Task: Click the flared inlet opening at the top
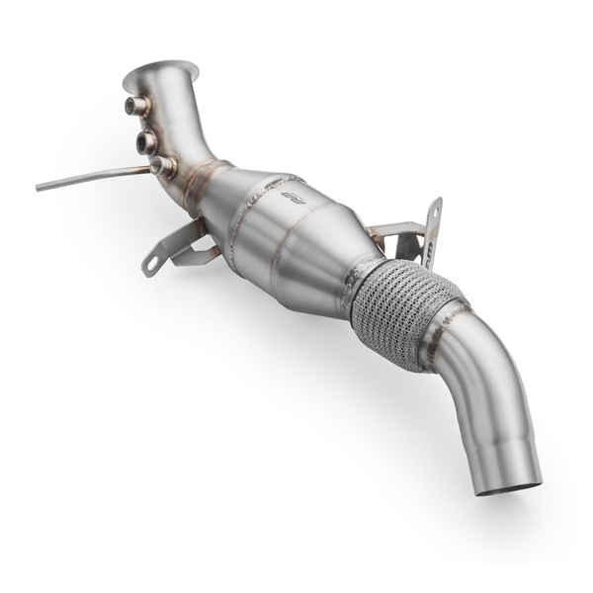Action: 160,71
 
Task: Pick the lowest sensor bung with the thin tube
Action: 162,167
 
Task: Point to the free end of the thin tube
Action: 40,187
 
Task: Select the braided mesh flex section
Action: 395,306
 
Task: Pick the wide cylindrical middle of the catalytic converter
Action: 287,237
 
